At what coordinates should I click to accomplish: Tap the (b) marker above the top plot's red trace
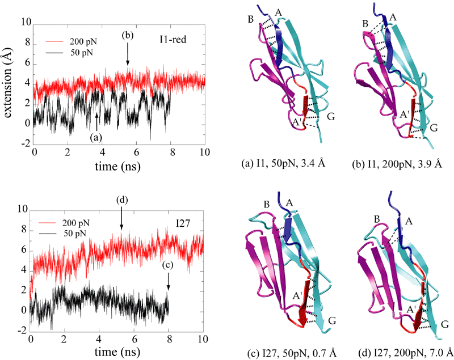click(x=128, y=36)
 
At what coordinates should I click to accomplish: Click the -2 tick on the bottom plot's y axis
click(x=24, y=329)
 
